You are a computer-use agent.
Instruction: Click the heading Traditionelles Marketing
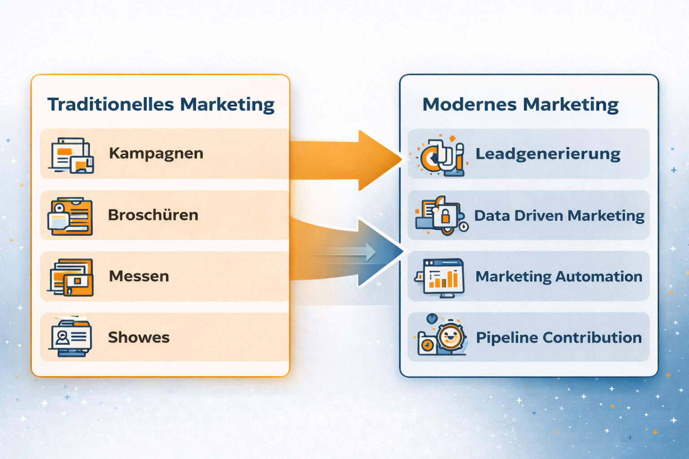(161, 105)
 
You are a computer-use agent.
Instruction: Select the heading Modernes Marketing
(520, 105)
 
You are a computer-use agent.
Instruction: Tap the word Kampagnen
(156, 153)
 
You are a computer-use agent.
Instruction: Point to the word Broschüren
(153, 215)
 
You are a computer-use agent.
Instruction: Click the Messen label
(139, 276)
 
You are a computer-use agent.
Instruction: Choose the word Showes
(139, 337)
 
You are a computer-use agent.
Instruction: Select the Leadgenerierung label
(548, 154)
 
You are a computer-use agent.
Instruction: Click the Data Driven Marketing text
(559, 216)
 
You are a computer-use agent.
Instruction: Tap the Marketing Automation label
(559, 277)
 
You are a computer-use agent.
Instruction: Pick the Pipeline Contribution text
(559, 338)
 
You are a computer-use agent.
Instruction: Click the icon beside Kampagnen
(71, 155)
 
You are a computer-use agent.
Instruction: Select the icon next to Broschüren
(70, 216)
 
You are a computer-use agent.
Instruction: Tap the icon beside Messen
(70, 277)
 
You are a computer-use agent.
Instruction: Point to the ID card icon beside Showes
(70, 337)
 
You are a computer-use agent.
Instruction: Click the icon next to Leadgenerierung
(440, 155)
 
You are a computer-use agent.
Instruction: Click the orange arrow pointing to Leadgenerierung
(346, 160)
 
